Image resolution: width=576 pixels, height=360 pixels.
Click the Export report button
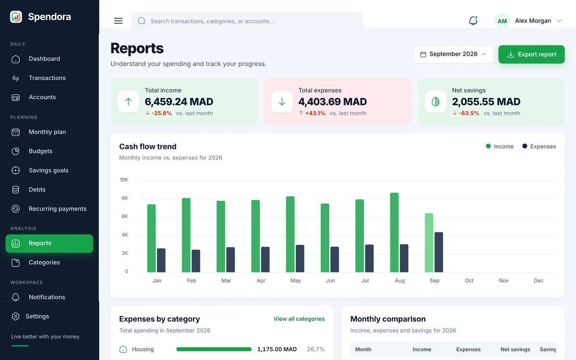pos(531,54)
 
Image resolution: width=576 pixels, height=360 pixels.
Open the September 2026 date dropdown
pos(453,54)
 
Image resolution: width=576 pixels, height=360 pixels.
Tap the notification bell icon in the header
pos(473,21)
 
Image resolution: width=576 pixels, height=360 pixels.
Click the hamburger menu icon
pos(118,21)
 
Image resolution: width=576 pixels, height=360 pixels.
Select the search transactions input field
pos(247,21)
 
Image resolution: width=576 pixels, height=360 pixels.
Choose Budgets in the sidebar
pos(40,151)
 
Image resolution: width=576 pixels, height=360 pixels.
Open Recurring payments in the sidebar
pos(58,209)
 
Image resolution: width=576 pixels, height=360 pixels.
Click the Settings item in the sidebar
pos(37,316)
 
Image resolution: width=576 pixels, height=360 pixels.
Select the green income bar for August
pos(394,232)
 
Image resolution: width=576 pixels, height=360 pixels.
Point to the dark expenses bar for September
pos(439,252)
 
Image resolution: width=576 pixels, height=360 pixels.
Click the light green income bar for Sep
pos(429,243)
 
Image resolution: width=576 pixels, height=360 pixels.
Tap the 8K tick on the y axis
pos(125,198)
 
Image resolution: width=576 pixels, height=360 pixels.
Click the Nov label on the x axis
pos(504,280)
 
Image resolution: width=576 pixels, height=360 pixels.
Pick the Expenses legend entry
pos(539,146)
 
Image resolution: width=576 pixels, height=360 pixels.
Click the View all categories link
pos(299,319)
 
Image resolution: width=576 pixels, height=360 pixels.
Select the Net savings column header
pos(515,349)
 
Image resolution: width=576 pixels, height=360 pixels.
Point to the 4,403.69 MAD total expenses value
pos(333,102)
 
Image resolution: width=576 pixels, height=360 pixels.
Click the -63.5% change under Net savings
pos(469,113)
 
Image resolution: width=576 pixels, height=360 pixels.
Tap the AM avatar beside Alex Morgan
pos(502,21)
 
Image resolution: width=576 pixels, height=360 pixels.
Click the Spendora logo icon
pos(16,17)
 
